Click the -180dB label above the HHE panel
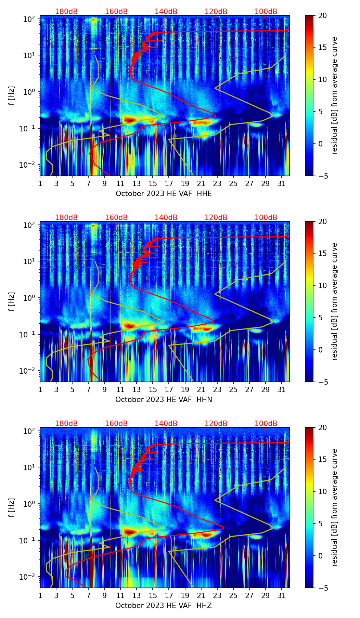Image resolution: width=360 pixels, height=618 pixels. pyautogui.click(x=65, y=12)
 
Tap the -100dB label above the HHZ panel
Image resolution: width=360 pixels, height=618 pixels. pyautogui.click(x=265, y=424)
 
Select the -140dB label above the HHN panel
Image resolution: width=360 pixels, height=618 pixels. pyautogui.click(x=165, y=218)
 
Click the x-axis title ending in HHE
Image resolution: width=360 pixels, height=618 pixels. pyautogui.click(x=164, y=194)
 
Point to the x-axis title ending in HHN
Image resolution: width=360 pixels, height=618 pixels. pyautogui.click(x=164, y=400)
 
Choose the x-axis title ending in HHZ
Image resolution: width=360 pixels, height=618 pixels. pyautogui.click(x=164, y=606)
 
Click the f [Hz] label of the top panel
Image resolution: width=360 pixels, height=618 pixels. pyautogui.click(x=12, y=96)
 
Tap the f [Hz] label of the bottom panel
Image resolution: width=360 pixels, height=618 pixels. pyautogui.click(x=12, y=508)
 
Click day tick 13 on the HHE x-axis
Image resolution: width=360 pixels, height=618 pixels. pyautogui.click(x=137, y=183)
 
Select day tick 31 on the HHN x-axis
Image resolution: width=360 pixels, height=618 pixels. pyautogui.click(x=281, y=389)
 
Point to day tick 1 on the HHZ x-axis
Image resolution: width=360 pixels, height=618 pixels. pyautogui.click(x=40, y=595)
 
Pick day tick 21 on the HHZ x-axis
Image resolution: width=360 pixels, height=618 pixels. pyautogui.click(x=201, y=595)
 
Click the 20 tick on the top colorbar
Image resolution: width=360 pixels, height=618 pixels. pyautogui.click(x=322, y=15)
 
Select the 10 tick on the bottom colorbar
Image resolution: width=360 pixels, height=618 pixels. pyautogui.click(x=322, y=492)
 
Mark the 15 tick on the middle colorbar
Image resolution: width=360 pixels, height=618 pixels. pyautogui.click(x=322, y=254)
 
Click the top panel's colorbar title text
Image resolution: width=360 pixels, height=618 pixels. pyautogui.click(x=334, y=96)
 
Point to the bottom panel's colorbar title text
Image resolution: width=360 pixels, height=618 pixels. pyautogui.click(x=334, y=508)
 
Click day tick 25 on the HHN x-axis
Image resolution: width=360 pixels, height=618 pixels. pyautogui.click(x=233, y=389)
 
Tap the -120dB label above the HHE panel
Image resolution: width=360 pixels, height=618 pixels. pyautogui.click(x=215, y=12)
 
